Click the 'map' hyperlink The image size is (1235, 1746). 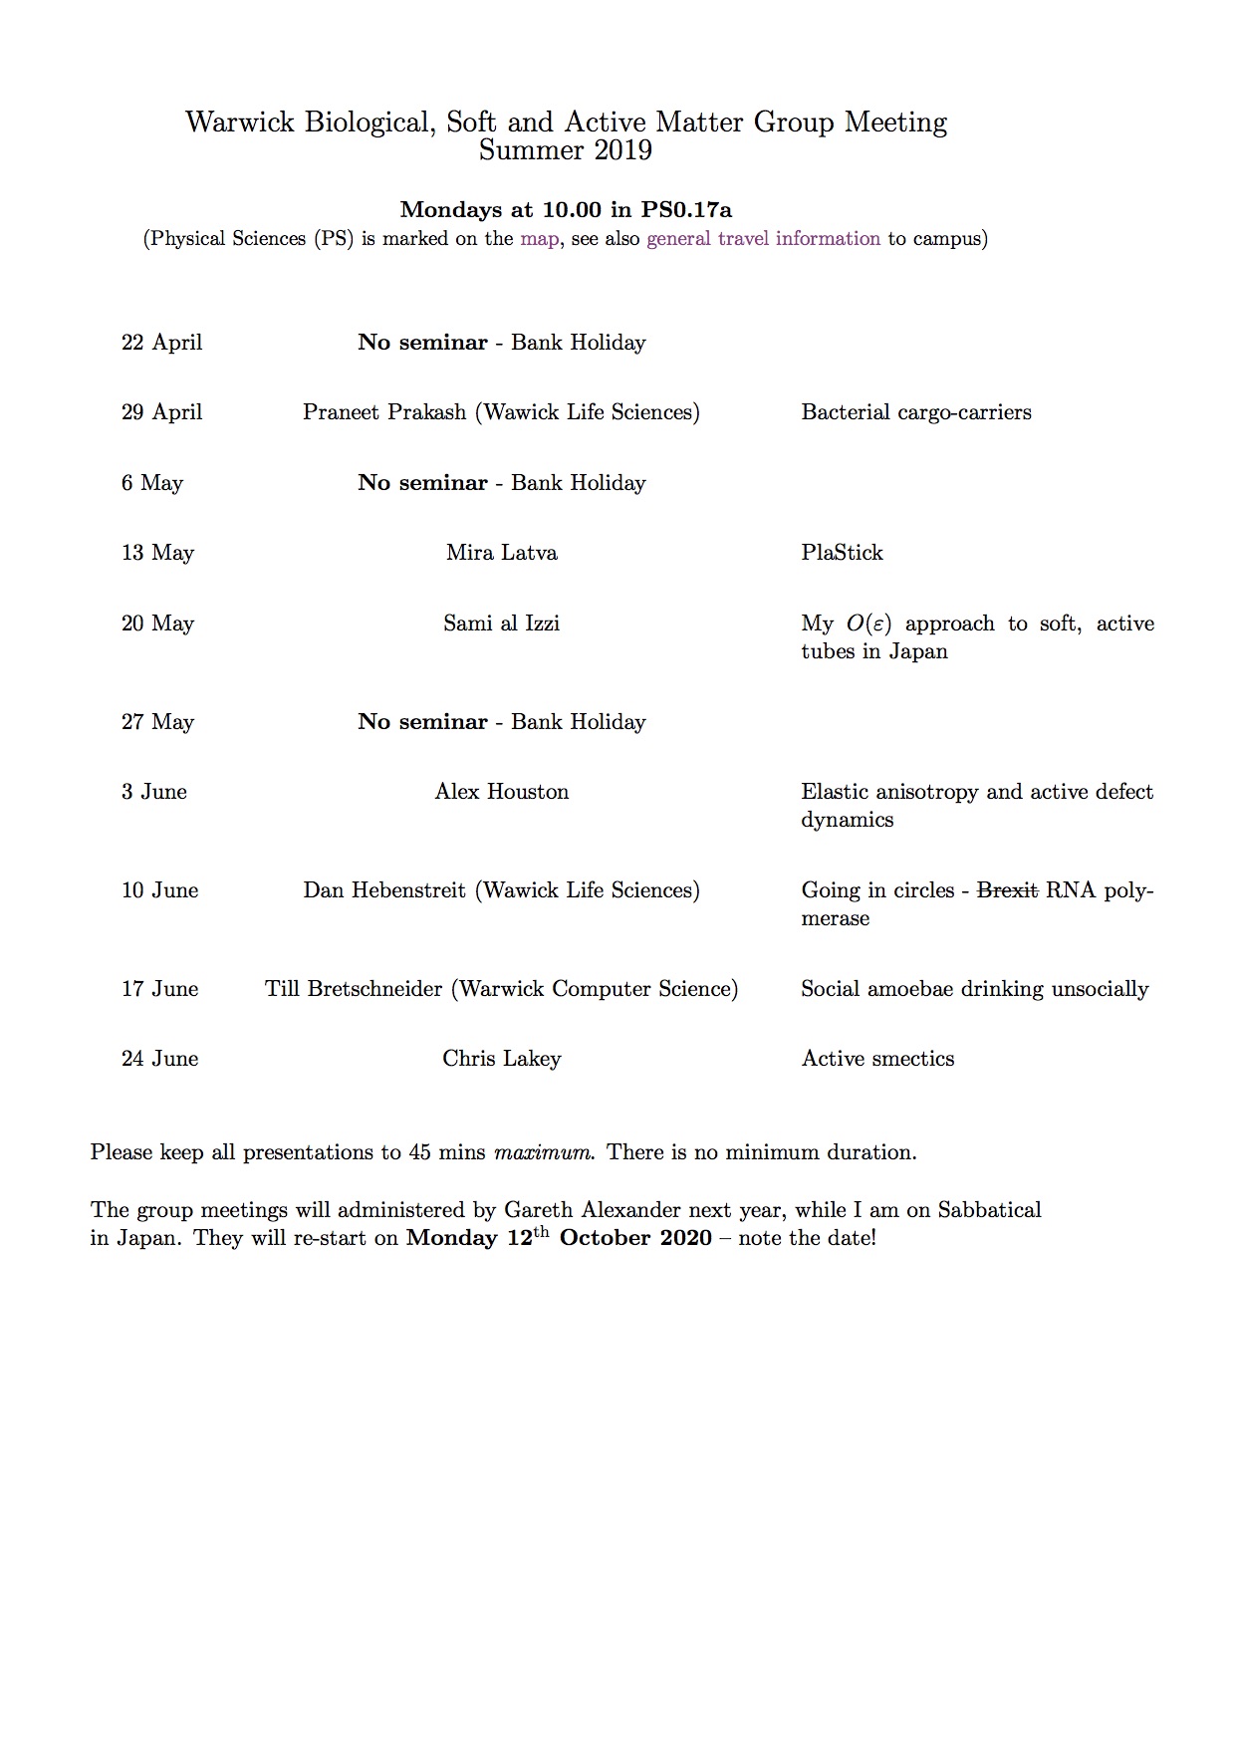click(539, 239)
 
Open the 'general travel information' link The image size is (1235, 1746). click(763, 239)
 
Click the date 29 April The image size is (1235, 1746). click(161, 412)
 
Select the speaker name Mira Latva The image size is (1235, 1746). click(501, 553)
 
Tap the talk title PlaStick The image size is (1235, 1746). click(842, 553)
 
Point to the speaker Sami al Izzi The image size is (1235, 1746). click(501, 624)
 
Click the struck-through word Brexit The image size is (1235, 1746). click(1007, 890)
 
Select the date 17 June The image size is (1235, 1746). click(159, 989)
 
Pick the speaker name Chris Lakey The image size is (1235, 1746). click(501, 1059)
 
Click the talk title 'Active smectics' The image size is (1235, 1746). click(877, 1059)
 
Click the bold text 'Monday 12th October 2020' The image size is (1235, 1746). click(559, 1238)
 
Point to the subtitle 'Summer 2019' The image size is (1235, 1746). click(565, 150)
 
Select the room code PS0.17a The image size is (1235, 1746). click(686, 209)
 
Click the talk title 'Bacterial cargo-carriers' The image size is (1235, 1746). click(915, 412)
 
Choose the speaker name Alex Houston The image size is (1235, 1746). click(501, 792)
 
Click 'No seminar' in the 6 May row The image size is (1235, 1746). click(422, 483)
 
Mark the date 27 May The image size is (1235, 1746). click(157, 722)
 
